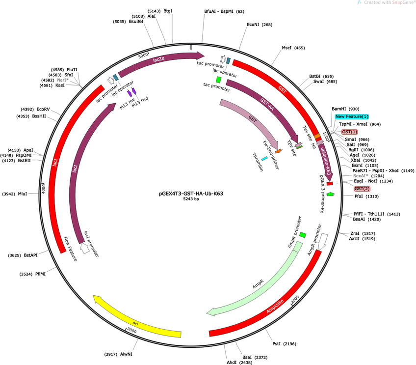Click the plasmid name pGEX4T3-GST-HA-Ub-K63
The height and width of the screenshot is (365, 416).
pyautogui.click(x=191, y=194)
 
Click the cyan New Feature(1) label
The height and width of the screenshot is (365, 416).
pyautogui.click(x=352, y=116)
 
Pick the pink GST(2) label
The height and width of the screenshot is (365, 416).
pyautogui.click(x=362, y=189)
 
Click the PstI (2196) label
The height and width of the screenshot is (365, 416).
pyautogui.click(x=284, y=344)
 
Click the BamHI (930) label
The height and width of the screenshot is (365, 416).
pyautogui.click(x=345, y=109)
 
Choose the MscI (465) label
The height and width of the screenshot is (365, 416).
pyautogui.click(x=293, y=48)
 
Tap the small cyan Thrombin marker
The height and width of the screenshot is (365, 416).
pyautogui.click(x=264, y=159)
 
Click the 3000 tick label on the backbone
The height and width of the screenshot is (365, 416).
pyautogui.click(x=131, y=330)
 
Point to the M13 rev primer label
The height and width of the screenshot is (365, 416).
pyautogui.click(x=127, y=103)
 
